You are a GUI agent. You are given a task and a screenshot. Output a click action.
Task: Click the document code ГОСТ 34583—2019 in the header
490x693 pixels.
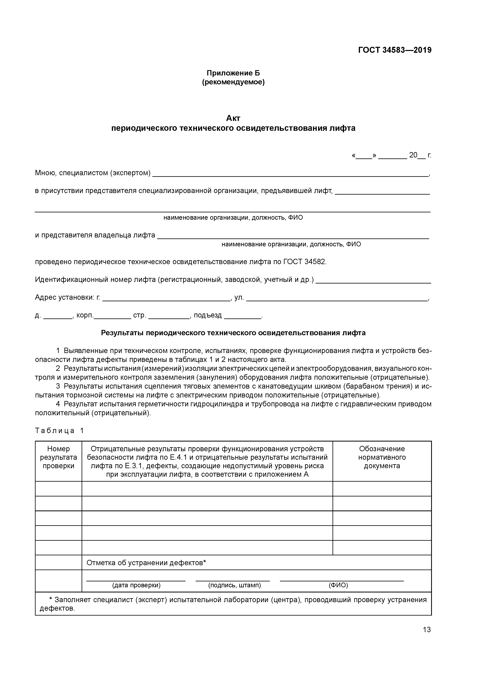click(395, 50)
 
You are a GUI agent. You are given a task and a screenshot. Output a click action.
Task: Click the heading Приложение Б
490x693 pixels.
click(233, 73)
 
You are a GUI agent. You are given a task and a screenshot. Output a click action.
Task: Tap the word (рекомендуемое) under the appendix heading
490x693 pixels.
click(233, 82)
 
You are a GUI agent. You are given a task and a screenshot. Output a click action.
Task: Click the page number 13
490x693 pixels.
click(427, 630)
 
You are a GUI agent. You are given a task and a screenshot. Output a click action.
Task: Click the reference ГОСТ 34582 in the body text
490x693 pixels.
click(305, 262)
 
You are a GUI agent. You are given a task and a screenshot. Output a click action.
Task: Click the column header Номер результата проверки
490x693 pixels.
click(58, 457)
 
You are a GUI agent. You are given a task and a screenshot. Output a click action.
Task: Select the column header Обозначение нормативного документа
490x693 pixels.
click(382, 457)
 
